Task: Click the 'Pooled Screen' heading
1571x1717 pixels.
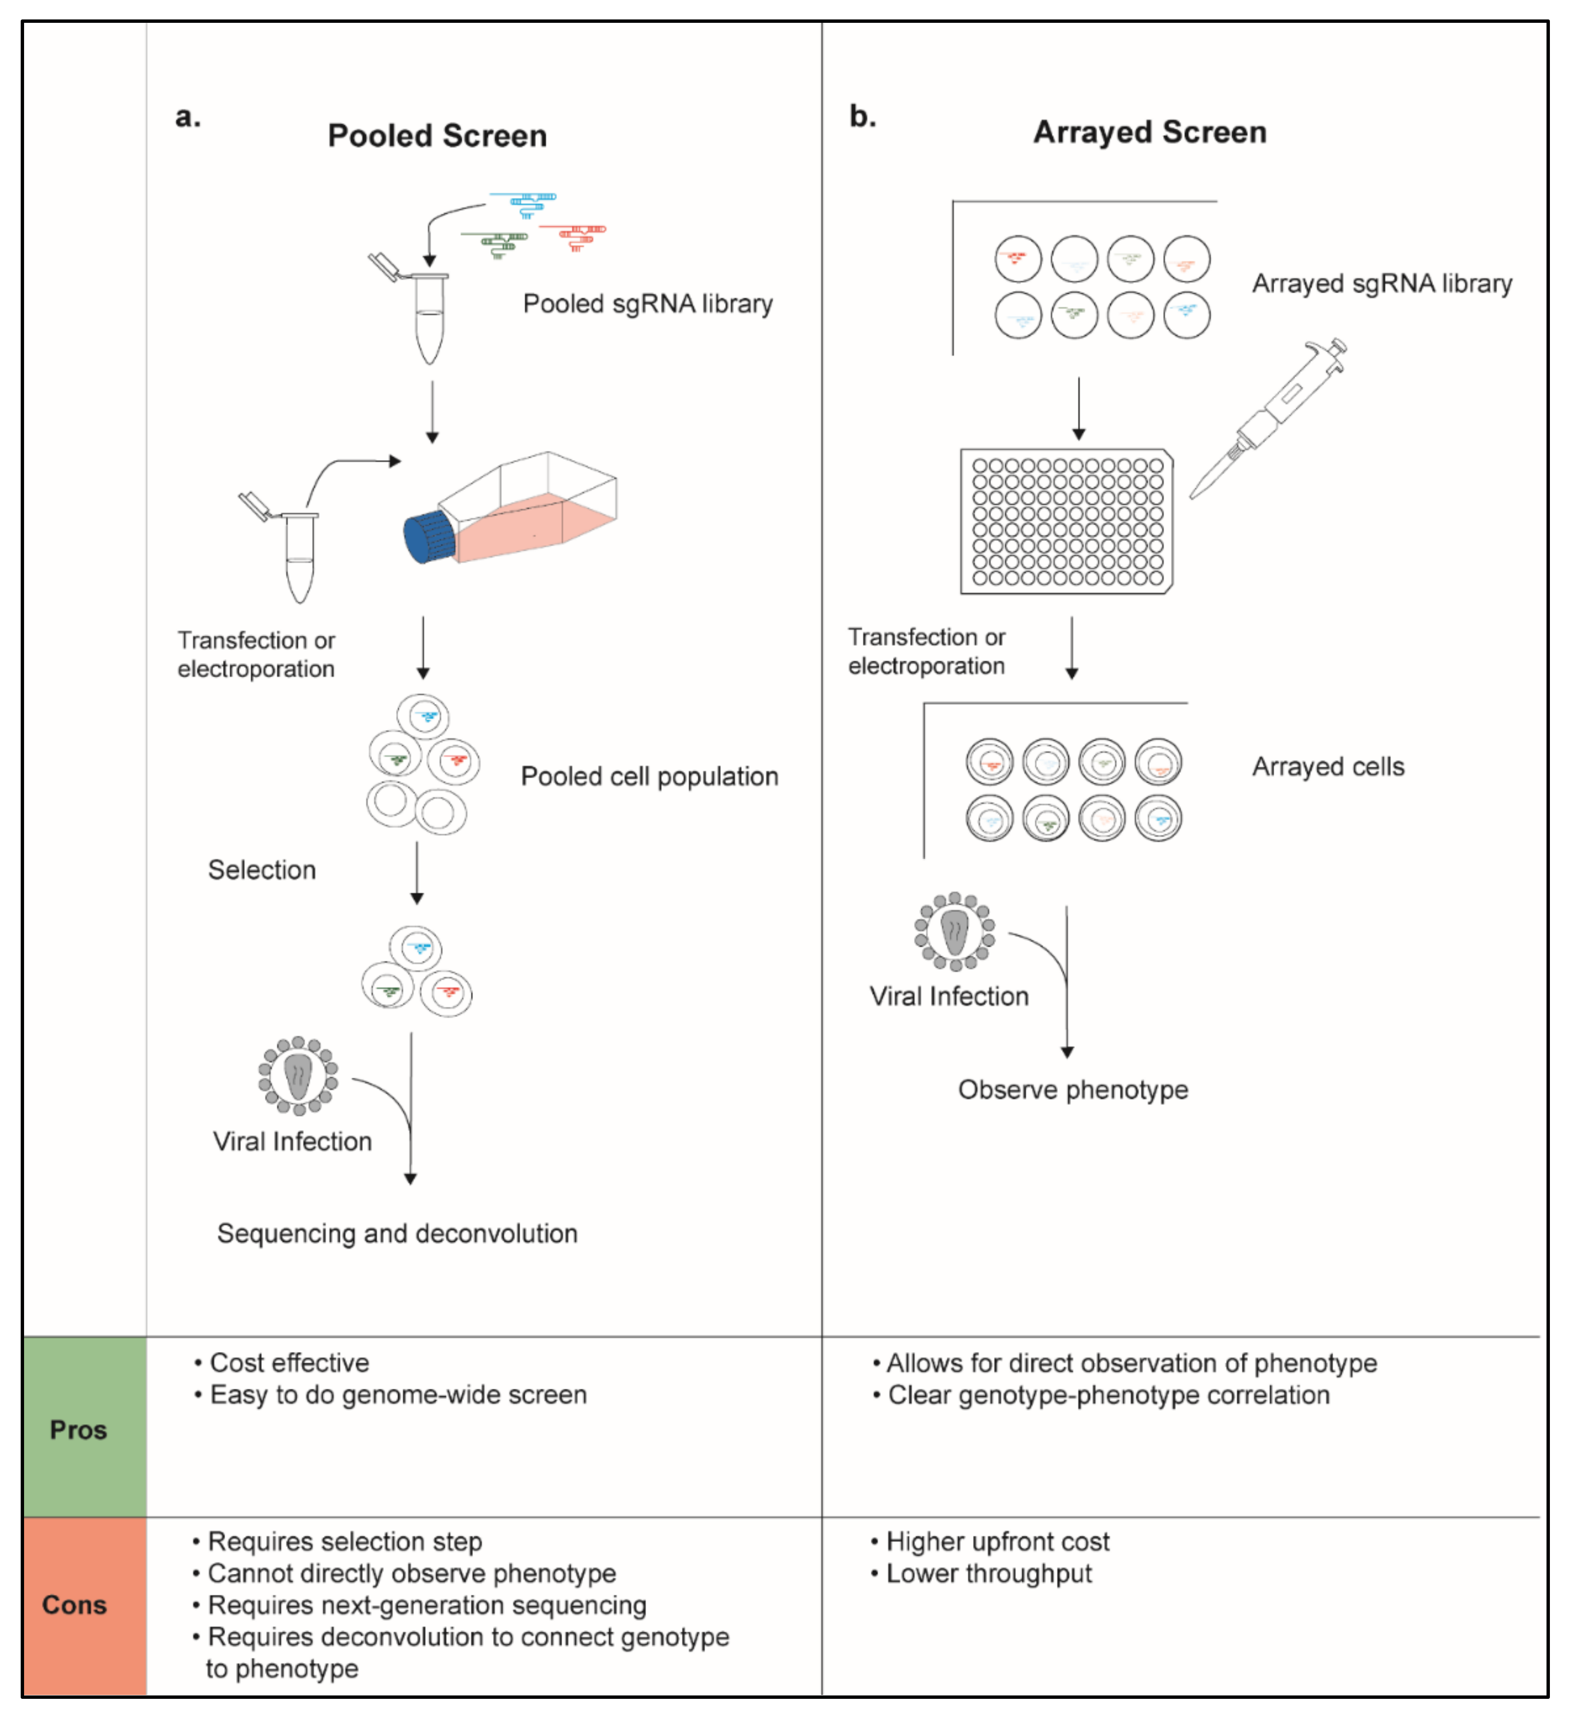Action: point(437,136)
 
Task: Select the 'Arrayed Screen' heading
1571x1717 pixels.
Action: point(1150,132)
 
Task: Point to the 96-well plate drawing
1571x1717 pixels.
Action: point(1066,521)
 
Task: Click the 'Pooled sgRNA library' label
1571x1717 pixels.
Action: point(647,304)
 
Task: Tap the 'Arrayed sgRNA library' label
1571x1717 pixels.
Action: point(1381,283)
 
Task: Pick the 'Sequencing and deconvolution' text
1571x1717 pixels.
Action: point(397,1233)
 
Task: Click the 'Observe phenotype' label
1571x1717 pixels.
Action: point(1073,1089)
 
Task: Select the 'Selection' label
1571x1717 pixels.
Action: point(262,869)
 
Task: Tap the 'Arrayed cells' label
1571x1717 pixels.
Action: point(1327,766)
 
